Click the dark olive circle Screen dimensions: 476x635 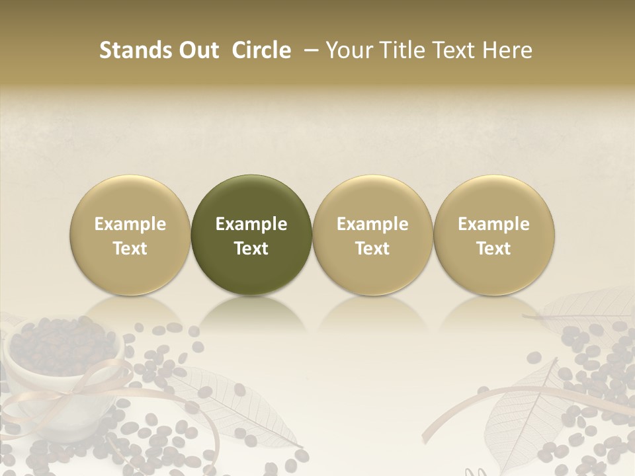pos(251,198)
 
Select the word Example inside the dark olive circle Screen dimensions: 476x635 pos(251,224)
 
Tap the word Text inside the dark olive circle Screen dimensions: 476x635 pos(251,249)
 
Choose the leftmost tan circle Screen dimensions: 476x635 pos(130,198)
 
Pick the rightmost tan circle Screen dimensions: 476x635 pos(494,198)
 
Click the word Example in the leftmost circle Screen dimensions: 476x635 pos(130,224)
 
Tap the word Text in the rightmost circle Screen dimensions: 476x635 pos(494,249)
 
